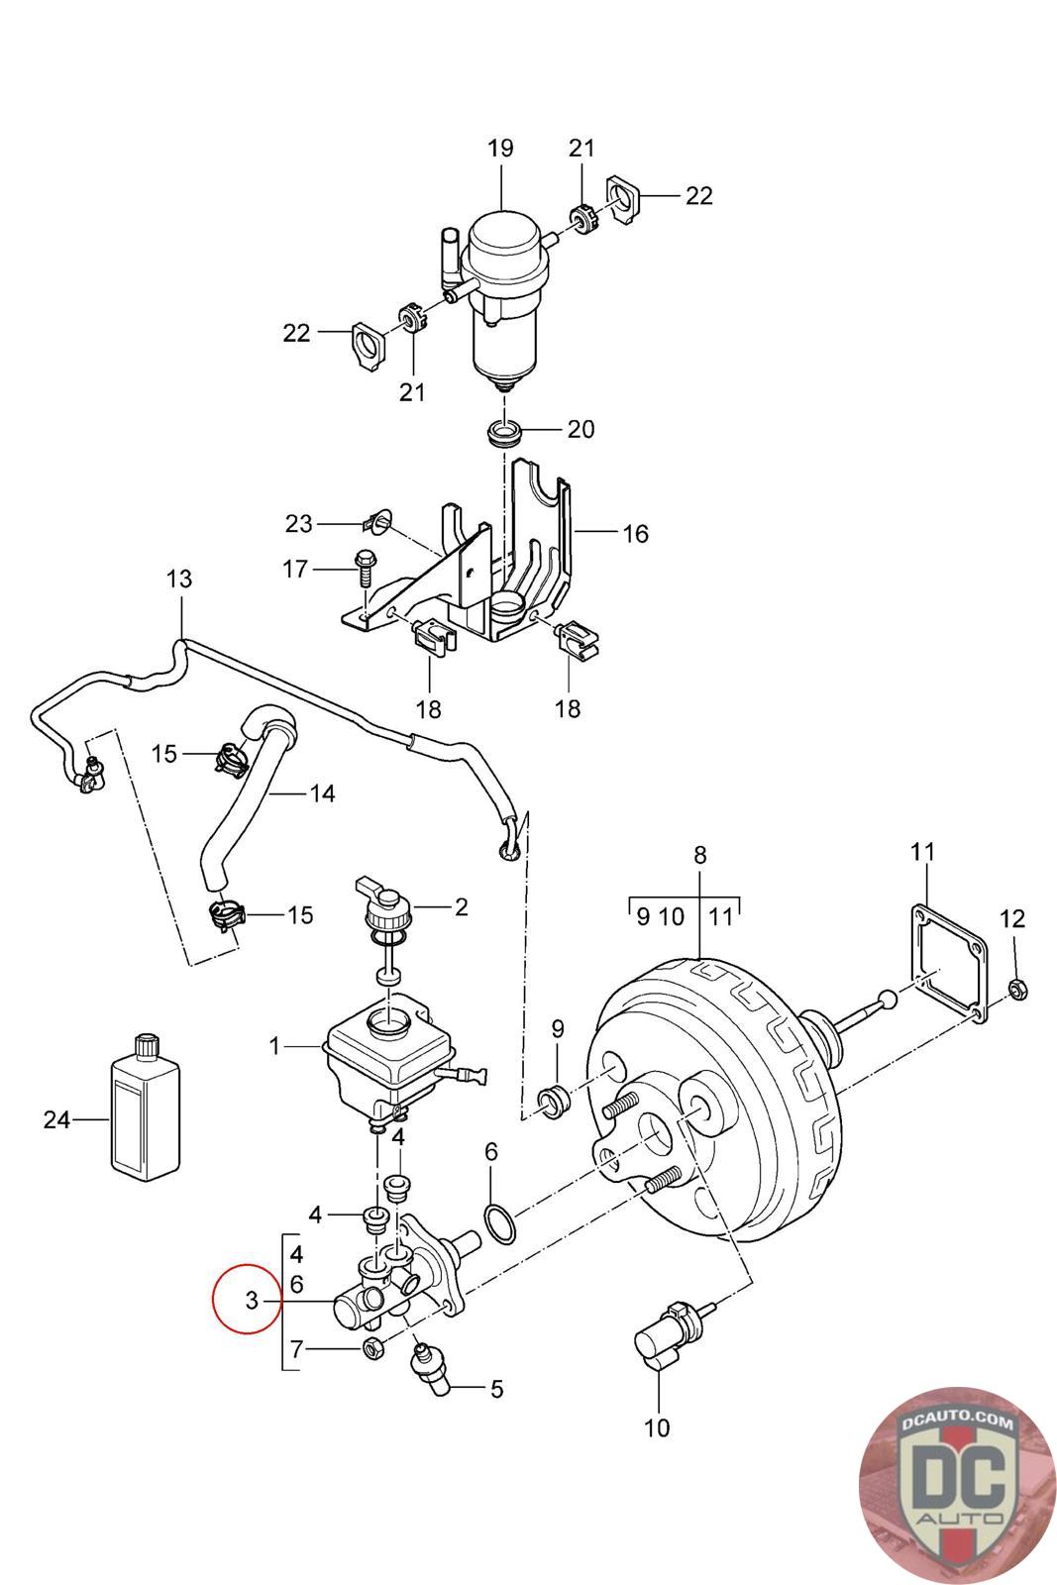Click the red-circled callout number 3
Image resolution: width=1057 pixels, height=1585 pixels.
(252, 1300)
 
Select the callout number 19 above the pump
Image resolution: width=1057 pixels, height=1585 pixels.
(499, 148)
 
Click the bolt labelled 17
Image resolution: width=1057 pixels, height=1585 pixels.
(366, 569)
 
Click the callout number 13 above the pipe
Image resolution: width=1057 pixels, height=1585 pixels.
(179, 579)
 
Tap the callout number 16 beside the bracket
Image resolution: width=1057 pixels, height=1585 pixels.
(635, 534)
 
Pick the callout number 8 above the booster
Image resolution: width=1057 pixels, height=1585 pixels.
(699, 856)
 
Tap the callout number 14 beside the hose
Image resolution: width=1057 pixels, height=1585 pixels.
(322, 793)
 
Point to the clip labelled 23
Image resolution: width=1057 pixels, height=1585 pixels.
(375, 521)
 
